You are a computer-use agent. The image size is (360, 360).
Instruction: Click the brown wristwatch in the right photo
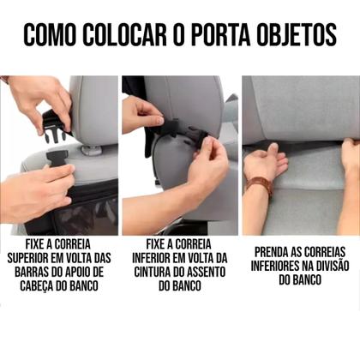coord(259,185)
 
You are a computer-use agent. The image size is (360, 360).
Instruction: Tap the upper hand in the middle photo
coord(141,111)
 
